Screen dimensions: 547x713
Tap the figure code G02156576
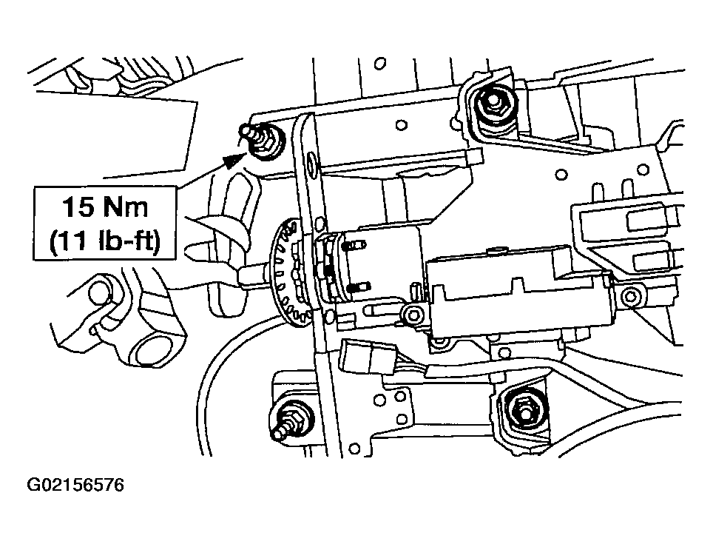(x=75, y=486)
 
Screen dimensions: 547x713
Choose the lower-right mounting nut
(x=525, y=409)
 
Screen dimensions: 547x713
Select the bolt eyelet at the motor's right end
(x=629, y=298)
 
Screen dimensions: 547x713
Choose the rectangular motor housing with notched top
(x=517, y=292)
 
